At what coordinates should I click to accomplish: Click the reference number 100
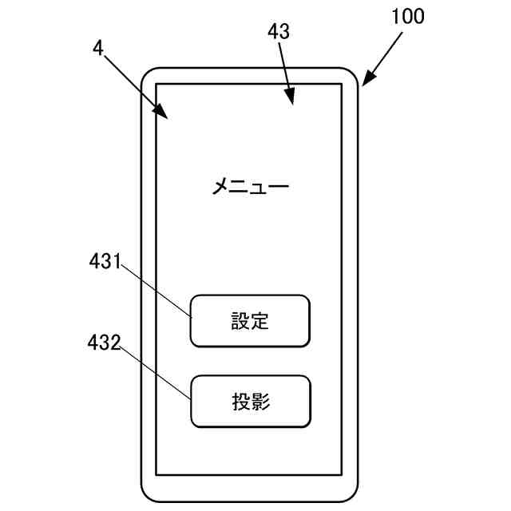point(408,15)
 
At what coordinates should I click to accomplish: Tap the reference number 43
point(279,31)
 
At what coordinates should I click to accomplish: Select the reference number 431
point(104,261)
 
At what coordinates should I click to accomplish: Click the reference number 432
point(104,344)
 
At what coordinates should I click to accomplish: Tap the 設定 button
point(250,321)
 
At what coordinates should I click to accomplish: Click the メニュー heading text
point(249,188)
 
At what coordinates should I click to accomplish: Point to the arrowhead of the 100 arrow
point(366,82)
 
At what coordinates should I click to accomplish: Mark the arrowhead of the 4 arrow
point(164,116)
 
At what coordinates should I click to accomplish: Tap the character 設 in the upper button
point(240,321)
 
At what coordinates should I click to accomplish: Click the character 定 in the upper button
point(260,321)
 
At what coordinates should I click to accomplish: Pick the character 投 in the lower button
point(240,401)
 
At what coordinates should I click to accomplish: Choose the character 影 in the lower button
point(260,401)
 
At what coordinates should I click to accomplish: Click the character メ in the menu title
point(221,188)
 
